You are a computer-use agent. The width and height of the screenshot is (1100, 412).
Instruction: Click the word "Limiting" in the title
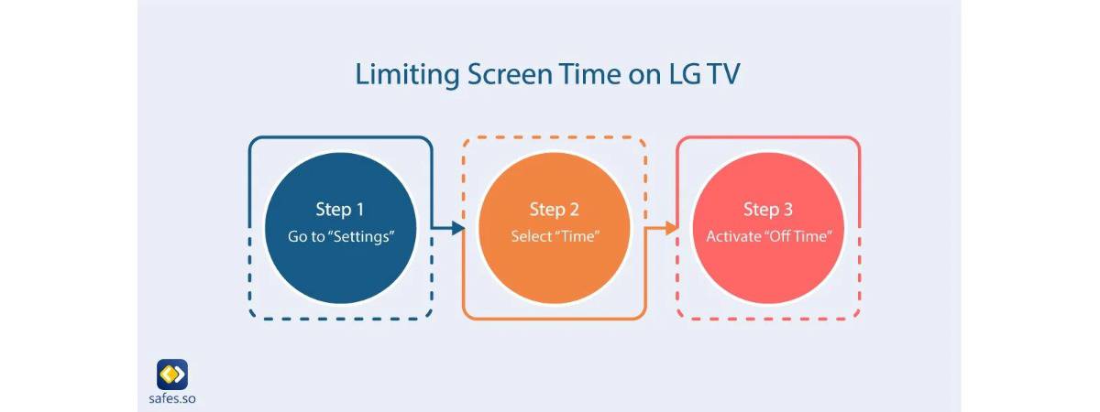408,75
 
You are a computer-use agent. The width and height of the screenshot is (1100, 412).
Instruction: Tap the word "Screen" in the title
510,74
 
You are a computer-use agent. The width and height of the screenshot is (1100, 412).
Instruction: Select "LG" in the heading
685,74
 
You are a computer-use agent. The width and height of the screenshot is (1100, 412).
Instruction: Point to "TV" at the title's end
723,74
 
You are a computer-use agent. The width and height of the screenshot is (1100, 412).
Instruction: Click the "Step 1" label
340,210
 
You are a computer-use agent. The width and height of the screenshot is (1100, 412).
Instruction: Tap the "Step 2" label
554,210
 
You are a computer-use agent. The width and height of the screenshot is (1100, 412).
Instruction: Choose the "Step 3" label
768,210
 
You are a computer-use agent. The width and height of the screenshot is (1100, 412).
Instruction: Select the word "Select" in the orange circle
532,236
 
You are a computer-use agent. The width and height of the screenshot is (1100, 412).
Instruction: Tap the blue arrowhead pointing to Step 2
457,228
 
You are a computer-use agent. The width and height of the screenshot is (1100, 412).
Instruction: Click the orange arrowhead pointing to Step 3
671,228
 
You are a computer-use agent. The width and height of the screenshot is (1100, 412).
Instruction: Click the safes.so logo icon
172,374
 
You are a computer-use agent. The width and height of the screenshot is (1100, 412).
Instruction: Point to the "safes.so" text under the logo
172,398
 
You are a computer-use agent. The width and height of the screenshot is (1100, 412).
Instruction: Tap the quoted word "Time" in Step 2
577,236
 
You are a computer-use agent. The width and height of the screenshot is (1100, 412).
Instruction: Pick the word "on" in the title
644,77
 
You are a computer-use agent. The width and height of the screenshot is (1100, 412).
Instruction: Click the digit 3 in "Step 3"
788,209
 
